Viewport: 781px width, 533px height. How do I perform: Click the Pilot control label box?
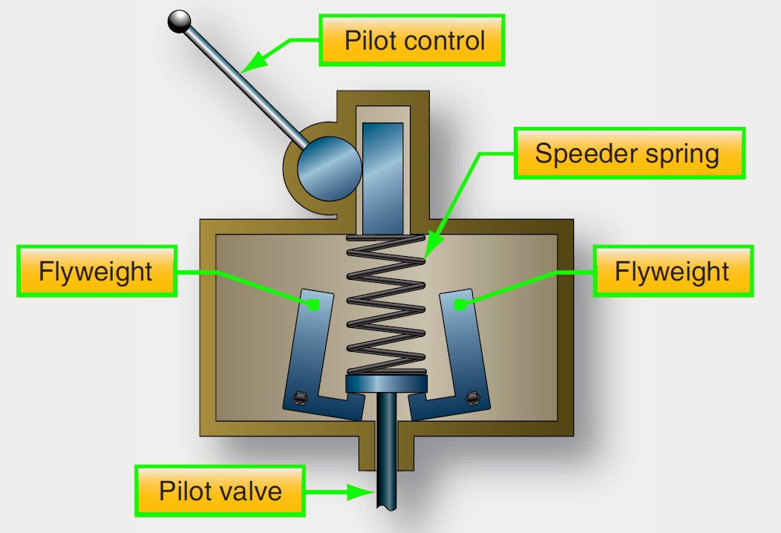413,39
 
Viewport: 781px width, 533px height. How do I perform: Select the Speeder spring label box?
628,154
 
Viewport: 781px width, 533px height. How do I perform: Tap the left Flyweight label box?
96,271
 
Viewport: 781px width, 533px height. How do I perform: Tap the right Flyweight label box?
672,271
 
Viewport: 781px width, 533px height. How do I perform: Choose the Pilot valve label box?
220,491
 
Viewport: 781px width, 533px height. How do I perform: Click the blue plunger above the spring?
382,175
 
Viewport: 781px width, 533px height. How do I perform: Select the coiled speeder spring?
386,304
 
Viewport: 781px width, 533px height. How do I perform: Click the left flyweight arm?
312,349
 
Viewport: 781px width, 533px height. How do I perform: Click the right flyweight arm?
464,349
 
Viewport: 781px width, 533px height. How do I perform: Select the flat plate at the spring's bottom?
387,383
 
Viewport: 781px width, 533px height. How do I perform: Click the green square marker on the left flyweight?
315,304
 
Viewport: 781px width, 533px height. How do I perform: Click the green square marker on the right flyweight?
460,303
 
